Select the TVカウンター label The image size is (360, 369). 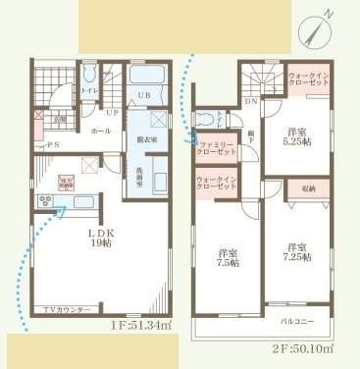tap(67, 310)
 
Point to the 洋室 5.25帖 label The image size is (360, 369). tap(299, 137)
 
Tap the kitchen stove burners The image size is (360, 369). tap(42, 202)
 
